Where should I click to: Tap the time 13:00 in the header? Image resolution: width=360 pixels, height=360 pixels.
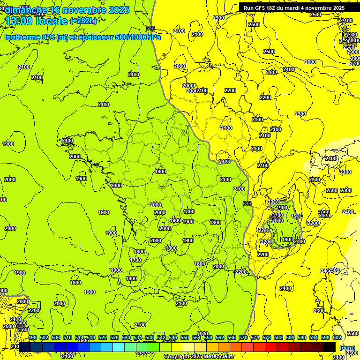[20, 21]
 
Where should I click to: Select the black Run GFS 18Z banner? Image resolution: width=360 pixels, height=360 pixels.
[294, 7]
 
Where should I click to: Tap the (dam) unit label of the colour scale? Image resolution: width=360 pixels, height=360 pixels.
[346, 348]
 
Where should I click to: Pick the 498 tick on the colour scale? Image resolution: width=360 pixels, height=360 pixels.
[32, 337]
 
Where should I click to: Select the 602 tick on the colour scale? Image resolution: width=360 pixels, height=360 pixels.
[337, 337]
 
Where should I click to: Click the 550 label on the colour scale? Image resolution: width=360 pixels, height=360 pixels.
[185, 337]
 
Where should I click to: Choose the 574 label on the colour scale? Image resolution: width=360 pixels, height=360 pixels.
[255, 337]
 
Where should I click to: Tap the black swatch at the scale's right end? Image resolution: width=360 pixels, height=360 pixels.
[330, 347]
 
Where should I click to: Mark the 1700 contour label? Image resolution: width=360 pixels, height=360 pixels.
[135, 260]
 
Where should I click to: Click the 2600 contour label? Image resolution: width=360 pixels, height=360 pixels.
[310, 62]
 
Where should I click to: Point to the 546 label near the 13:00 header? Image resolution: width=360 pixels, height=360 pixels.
[150, 28]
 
